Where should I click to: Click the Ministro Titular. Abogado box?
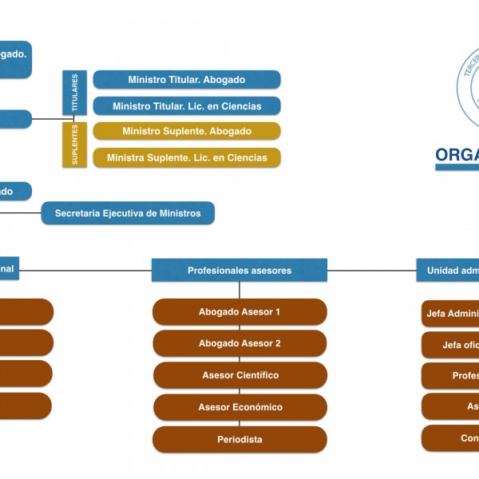pos(187,80)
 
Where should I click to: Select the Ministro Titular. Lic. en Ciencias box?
pos(187,106)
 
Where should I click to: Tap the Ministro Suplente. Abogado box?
pos(187,132)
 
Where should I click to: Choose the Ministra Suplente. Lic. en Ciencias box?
pos(187,158)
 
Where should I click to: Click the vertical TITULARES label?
pos(75,93)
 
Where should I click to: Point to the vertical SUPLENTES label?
pos(75,144)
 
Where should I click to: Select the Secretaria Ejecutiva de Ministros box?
pos(128,213)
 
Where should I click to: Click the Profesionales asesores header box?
pos(239,271)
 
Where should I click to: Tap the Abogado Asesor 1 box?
pos(239,312)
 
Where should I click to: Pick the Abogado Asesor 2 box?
pos(239,343)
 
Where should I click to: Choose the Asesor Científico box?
pos(239,375)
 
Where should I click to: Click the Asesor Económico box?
pos(239,407)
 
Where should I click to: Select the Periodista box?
pos(239,440)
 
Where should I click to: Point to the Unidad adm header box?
pos(448,271)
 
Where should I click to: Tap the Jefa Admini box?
pos(450,314)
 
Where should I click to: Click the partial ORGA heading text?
pos(457,154)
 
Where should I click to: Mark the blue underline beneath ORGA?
pos(457,168)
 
